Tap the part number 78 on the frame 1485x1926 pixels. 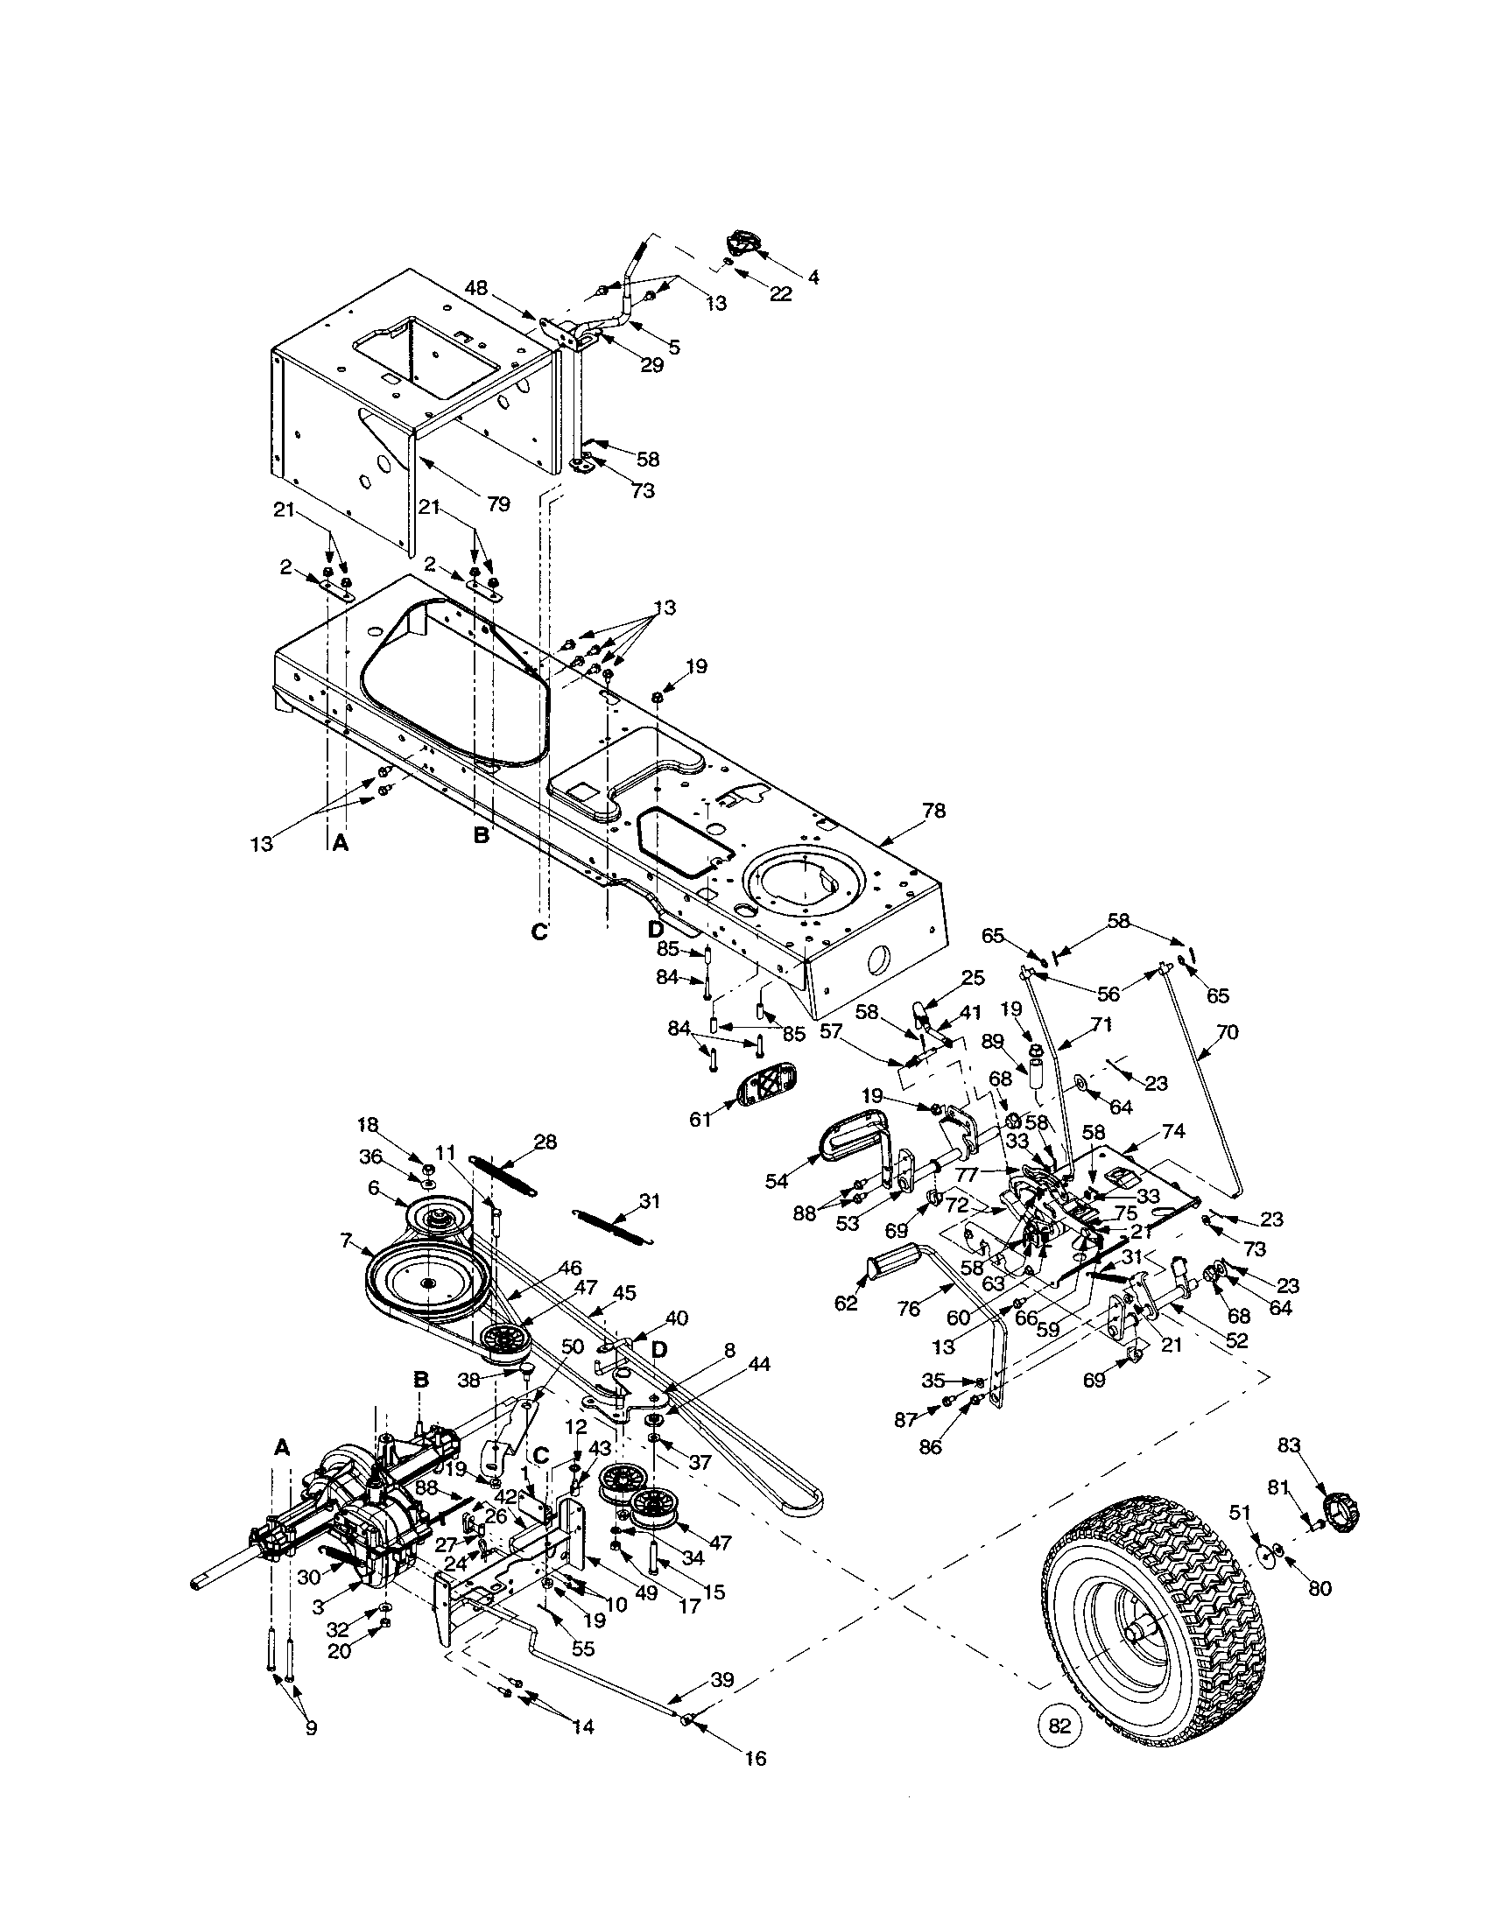[934, 811]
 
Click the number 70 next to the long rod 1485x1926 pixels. [1227, 1032]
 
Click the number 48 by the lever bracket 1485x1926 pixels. [476, 287]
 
